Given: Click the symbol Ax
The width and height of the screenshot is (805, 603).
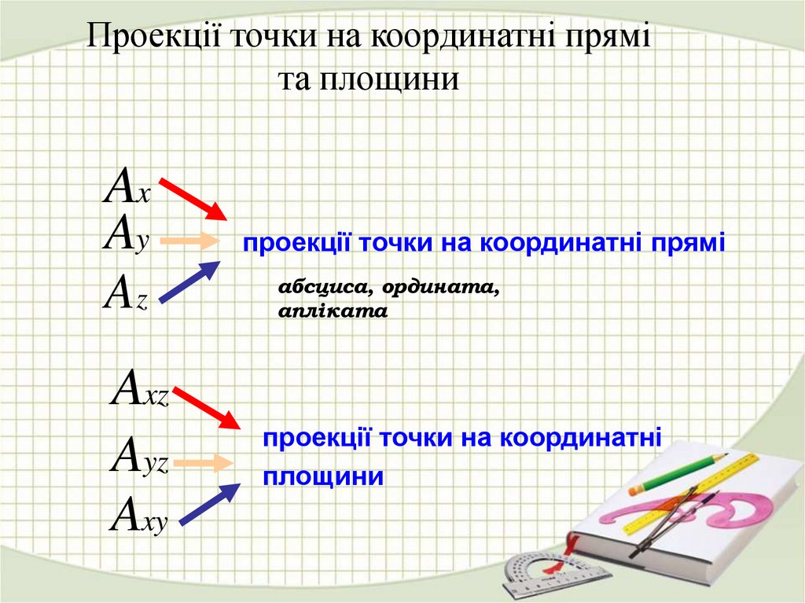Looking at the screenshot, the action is pos(127,187).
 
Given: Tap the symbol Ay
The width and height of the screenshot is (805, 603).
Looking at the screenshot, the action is pos(126,234).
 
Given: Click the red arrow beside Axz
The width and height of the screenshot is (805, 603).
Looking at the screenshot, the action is pos(206,408).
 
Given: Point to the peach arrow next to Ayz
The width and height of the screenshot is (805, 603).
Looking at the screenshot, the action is pos(203,463).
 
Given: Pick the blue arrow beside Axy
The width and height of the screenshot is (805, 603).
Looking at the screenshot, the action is pos(210,503).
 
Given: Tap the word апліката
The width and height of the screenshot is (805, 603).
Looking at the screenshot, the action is pos(333,311).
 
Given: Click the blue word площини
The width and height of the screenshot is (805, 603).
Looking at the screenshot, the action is pos(323,476).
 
